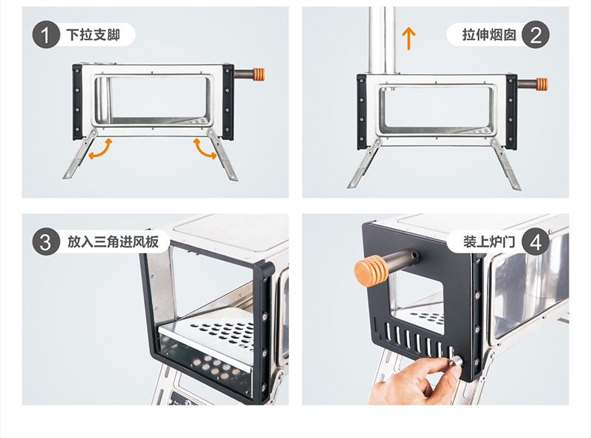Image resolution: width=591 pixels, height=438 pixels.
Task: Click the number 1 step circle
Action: coord(46,35)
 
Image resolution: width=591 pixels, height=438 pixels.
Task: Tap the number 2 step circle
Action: coord(536,35)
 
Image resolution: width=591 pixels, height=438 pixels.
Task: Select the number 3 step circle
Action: coord(46,242)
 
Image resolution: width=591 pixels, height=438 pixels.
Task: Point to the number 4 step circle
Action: coord(536,242)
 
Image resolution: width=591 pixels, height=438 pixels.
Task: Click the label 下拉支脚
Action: coord(93,35)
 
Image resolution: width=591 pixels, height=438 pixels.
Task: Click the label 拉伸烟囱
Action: coord(489,35)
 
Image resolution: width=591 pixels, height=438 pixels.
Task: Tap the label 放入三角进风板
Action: coord(113,242)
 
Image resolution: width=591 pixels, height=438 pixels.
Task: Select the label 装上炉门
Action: coord(489,242)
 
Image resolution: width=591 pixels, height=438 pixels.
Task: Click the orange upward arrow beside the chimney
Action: coord(409,38)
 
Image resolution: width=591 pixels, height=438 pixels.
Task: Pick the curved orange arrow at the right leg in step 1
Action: coord(204,150)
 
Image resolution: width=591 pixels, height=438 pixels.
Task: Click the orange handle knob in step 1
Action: coord(259,75)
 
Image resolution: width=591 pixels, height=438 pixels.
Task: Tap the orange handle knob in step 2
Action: coord(542,84)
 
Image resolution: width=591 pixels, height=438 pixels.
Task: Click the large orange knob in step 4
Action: coord(371,271)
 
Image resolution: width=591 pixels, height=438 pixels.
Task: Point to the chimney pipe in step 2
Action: coord(382,41)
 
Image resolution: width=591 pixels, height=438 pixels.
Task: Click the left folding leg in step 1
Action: coord(80,154)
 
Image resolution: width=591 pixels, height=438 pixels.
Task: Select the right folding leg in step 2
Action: coord(506,164)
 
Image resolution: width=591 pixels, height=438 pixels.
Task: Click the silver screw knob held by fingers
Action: coord(456,363)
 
